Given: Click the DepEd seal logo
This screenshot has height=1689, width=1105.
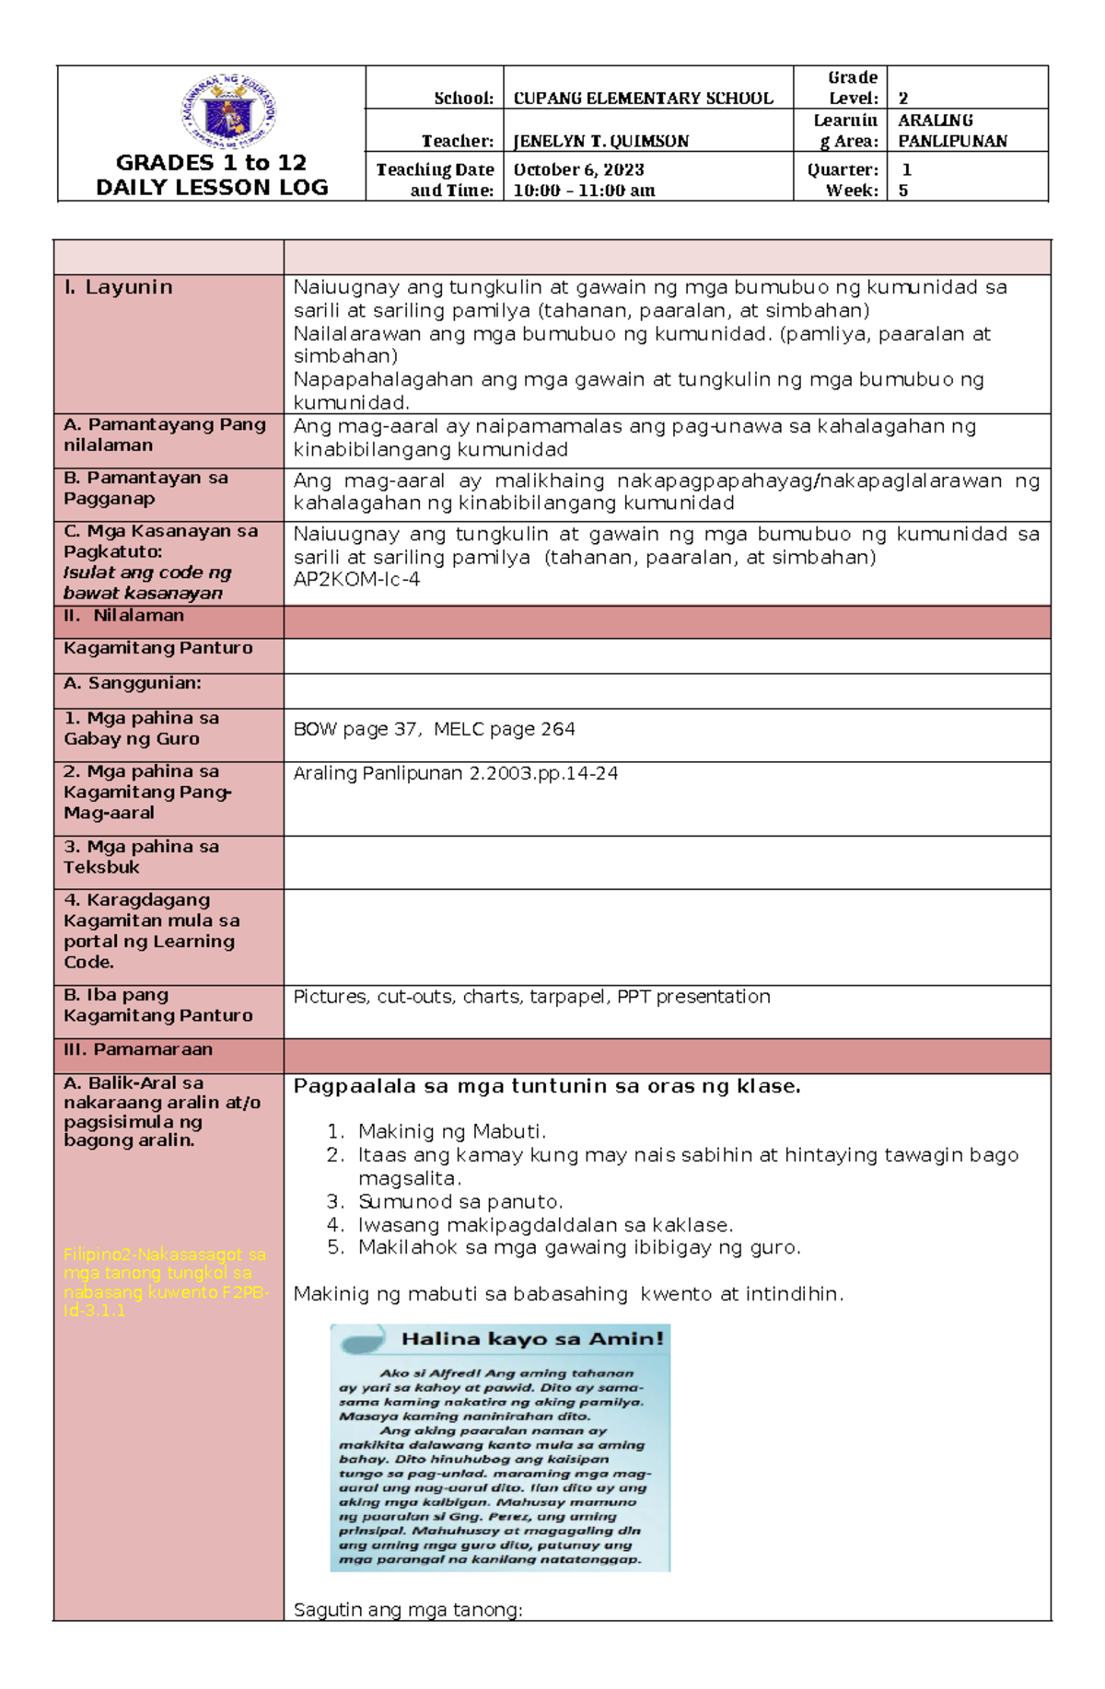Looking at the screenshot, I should point(227,112).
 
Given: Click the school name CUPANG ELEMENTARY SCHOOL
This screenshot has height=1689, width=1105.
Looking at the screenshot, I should point(643,98).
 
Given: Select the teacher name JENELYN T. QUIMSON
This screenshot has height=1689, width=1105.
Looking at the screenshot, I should point(600,141).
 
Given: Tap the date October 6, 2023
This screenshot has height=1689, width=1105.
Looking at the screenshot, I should point(578,169).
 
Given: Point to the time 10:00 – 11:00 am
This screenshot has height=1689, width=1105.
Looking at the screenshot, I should point(584,191).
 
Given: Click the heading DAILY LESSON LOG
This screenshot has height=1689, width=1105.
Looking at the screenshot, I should point(212,187).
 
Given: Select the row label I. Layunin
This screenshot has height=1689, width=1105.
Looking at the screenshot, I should point(119,287).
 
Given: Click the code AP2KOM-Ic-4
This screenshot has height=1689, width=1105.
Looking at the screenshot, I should point(356,579).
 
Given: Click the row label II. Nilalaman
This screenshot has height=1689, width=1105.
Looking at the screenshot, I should point(124,615).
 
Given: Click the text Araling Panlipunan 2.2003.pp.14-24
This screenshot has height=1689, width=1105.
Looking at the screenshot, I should point(455,773).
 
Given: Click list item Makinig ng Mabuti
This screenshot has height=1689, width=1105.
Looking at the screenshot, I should point(452,1131).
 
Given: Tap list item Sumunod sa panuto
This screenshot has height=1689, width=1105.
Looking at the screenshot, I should point(459,1201).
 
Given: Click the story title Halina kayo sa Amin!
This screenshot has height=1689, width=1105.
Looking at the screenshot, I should point(531,1338).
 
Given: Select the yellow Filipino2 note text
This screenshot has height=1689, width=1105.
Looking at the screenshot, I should point(165,1282).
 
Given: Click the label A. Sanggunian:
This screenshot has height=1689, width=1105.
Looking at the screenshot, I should point(133,683).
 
